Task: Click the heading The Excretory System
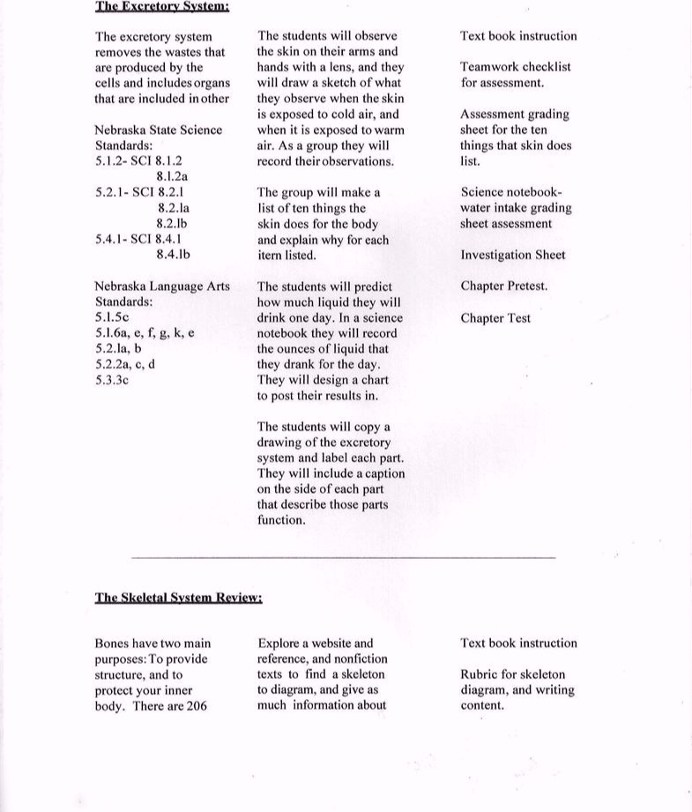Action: tap(162, 6)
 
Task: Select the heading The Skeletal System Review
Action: tap(178, 597)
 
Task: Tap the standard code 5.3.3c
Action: tap(112, 380)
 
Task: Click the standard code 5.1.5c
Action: tap(112, 317)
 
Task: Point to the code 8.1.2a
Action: tap(173, 176)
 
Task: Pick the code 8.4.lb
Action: tap(173, 255)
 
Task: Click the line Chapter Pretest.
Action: tap(503, 287)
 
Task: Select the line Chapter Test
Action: tap(495, 318)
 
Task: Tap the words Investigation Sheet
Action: tap(513, 255)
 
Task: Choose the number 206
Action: tap(197, 706)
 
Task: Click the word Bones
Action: tap(112, 644)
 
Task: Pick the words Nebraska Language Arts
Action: tap(161, 287)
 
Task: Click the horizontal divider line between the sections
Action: tap(344, 557)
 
